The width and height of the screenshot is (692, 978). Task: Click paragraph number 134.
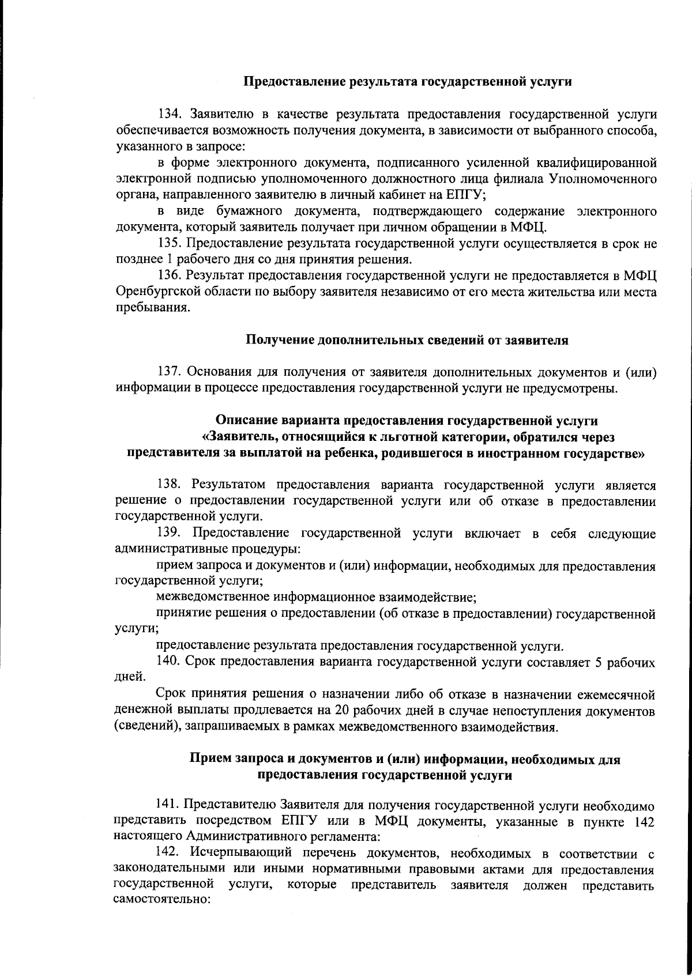[x=170, y=114]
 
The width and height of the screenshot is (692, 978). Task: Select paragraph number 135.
[x=170, y=244]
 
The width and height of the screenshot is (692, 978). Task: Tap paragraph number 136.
[x=170, y=277]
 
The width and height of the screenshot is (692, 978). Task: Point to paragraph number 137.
[x=170, y=372]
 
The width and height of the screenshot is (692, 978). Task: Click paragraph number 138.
[x=170, y=485]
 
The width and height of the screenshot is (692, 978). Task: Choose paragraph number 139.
[x=170, y=533]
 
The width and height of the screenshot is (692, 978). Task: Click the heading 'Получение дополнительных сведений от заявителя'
[x=407, y=340]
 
